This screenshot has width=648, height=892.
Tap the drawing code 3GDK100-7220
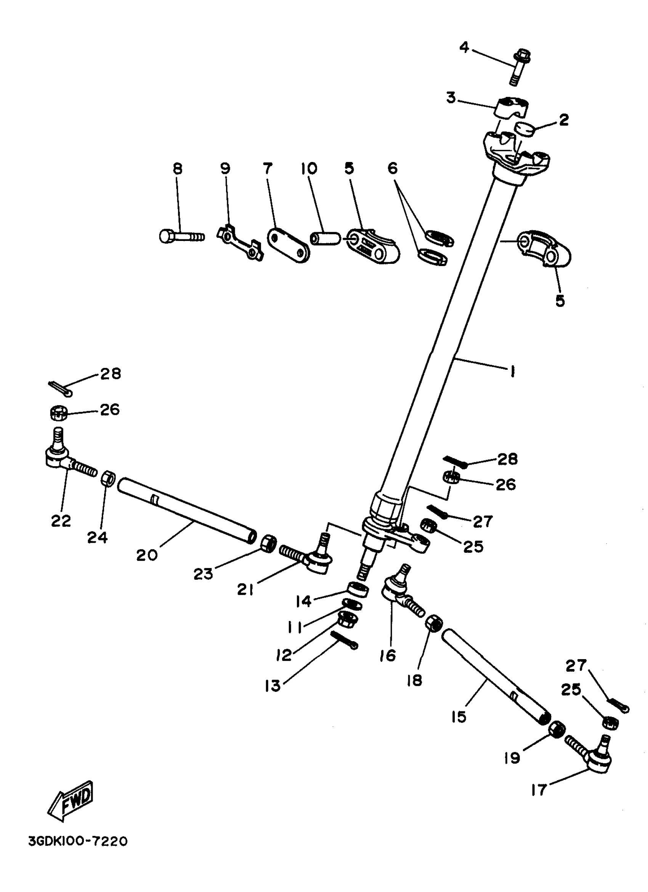[x=78, y=841]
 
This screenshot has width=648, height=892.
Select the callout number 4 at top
[x=464, y=48]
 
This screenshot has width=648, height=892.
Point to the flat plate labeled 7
[x=288, y=246]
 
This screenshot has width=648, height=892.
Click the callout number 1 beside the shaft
[x=512, y=371]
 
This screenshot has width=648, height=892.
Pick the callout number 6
[x=392, y=168]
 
